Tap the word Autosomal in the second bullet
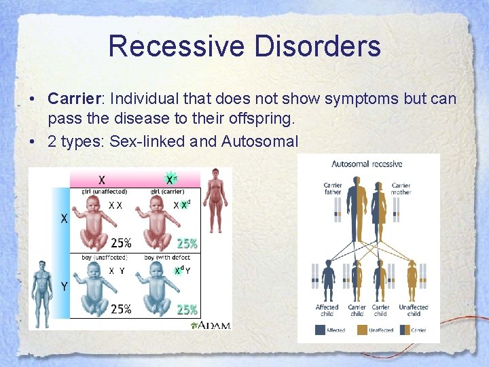pos(264,141)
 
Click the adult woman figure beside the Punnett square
pos(217,200)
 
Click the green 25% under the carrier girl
pos(187,243)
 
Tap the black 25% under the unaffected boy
pos(121,309)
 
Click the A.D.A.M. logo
pos(212,325)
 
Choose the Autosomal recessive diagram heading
pos(367,164)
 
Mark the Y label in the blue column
pos(64,287)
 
